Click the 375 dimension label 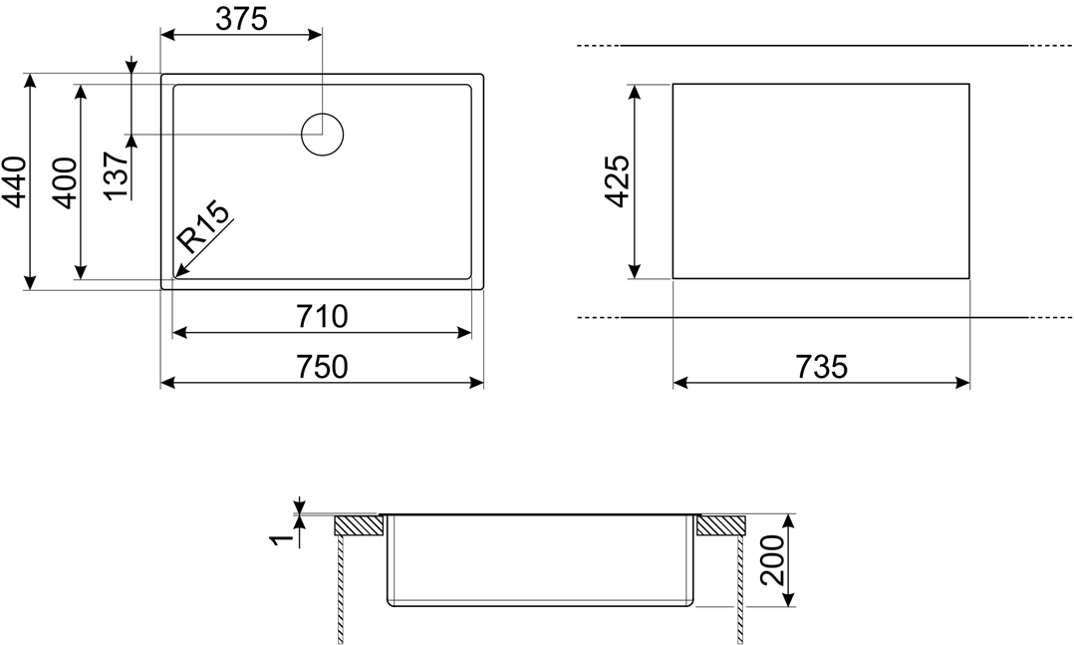(x=241, y=19)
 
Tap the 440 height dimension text (x=14, y=182)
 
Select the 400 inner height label (x=65, y=183)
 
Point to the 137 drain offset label (x=118, y=176)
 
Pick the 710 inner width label (x=322, y=317)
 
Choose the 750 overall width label (x=322, y=367)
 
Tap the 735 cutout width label (x=822, y=367)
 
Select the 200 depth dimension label (x=773, y=560)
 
